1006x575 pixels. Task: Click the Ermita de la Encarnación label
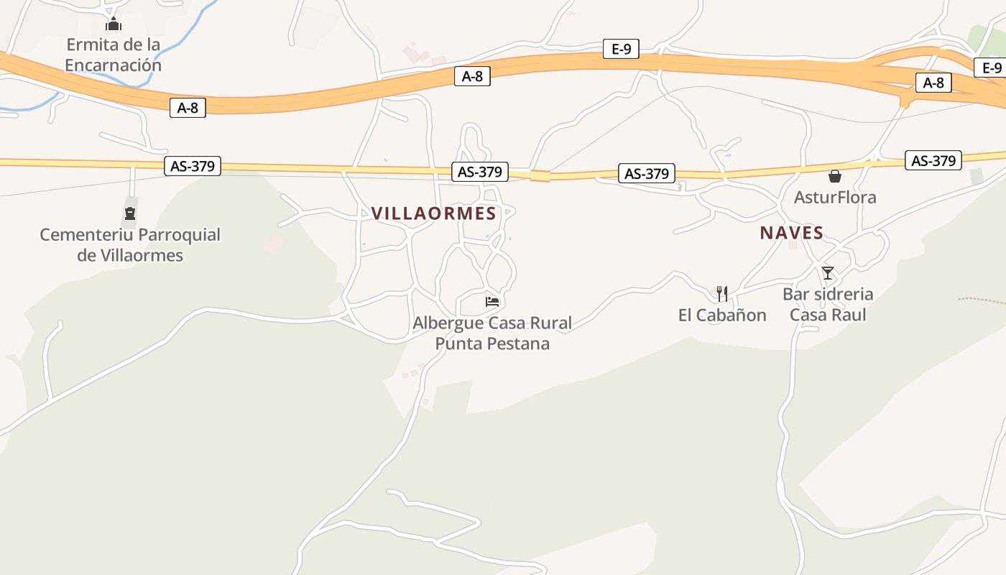pyautogui.click(x=113, y=55)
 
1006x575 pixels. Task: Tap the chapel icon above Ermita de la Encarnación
pyautogui.click(x=114, y=24)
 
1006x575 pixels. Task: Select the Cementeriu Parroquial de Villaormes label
pyautogui.click(x=130, y=245)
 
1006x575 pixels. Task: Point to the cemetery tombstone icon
pyautogui.click(x=130, y=213)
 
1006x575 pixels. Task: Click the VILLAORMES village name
pyautogui.click(x=433, y=213)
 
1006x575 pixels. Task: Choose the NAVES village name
pyautogui.click(x=791, y=233)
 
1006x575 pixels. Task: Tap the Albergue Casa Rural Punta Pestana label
pyautogui.click(x=492, y=333)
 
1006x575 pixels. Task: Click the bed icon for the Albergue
pyautogui.click(x=492, y=302)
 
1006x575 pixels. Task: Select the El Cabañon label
pyautogui.click(x=722, y=315)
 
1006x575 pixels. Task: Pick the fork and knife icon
pyautogui.click(x=722, y=293)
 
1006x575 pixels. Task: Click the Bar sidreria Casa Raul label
pyautogui.click(x=828, y=305)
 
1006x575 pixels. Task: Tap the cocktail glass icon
pyautogui.click(x=828, y=273)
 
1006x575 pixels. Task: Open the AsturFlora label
pyautogui.click(x=835, y=197)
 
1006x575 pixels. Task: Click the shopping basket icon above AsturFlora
pyautogui.click(x=835, y=176)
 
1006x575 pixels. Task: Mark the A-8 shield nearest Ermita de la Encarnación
pyautogui.click(x=188, y=108)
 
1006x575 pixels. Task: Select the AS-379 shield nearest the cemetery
pyautogui.click(x=192, y=166)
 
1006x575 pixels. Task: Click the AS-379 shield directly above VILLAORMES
pyautogui.click(x=480, y=172)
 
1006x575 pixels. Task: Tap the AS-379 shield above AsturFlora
pyautogui.click(x=933, y=160)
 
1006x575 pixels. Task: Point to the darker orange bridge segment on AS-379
pyautogui.click(x=540, y=175)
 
